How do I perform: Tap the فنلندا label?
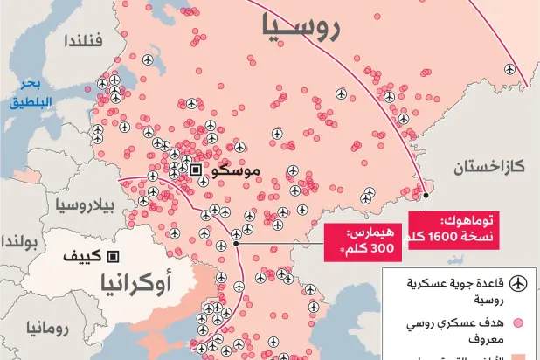coord(84,40)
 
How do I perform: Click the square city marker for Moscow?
coord(197,170)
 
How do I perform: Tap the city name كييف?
coord(83,257)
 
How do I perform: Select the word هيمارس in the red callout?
coord(369,234)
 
